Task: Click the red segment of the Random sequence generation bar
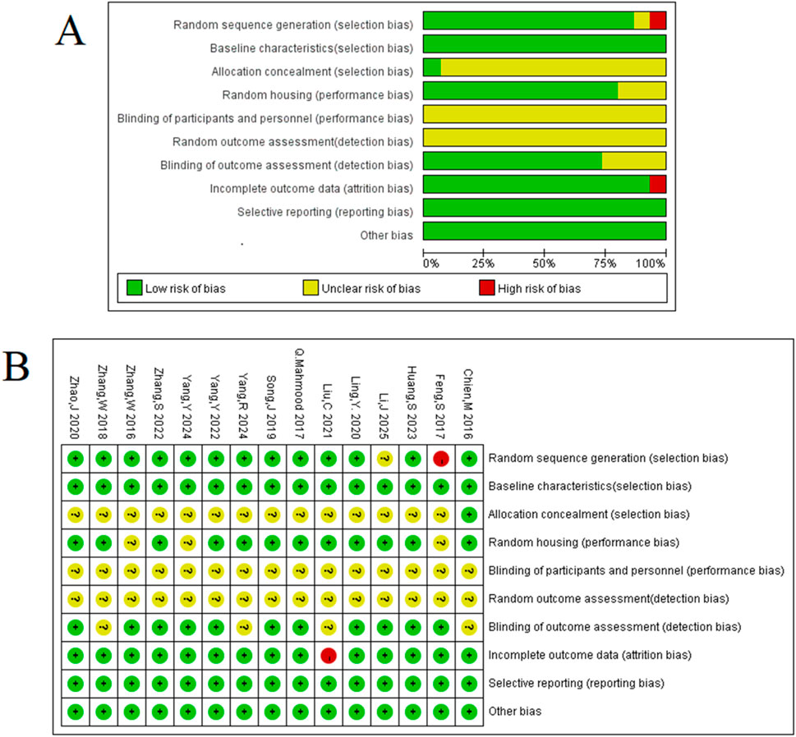pyautogui.click(x=657, y=21)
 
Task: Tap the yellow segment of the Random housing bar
pyautogui.click(x=642, y=91)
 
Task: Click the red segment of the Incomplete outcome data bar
pyautogui.click(x=657, y=185)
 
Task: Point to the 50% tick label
pyautogui.click(x=544, y=263)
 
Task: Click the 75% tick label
pyautogui.click(x=605, y=263)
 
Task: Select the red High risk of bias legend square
pyautogui.click(x=486, y=288)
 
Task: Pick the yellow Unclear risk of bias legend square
pyautogui.click(x=311, y=288)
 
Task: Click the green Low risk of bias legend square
pyautogui.click(x=134, y=288)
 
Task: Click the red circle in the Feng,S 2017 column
pyautogui.click(x=440, y=458)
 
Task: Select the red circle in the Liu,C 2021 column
pyautogui.click(x=329, y=655)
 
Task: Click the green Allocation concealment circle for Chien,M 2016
pyautogui.click(x=469, y=515)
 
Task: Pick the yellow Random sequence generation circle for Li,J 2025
pyautogui.click(x=384, y=458)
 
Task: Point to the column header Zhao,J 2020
pyautogui.click(x=76, y=401)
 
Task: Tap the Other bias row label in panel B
pyautogui.click(x=517, y=711)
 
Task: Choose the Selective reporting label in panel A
pyautogui.click(x=324, y=212)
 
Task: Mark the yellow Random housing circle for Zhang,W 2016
pyautogui.click(x=131, y=542)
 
